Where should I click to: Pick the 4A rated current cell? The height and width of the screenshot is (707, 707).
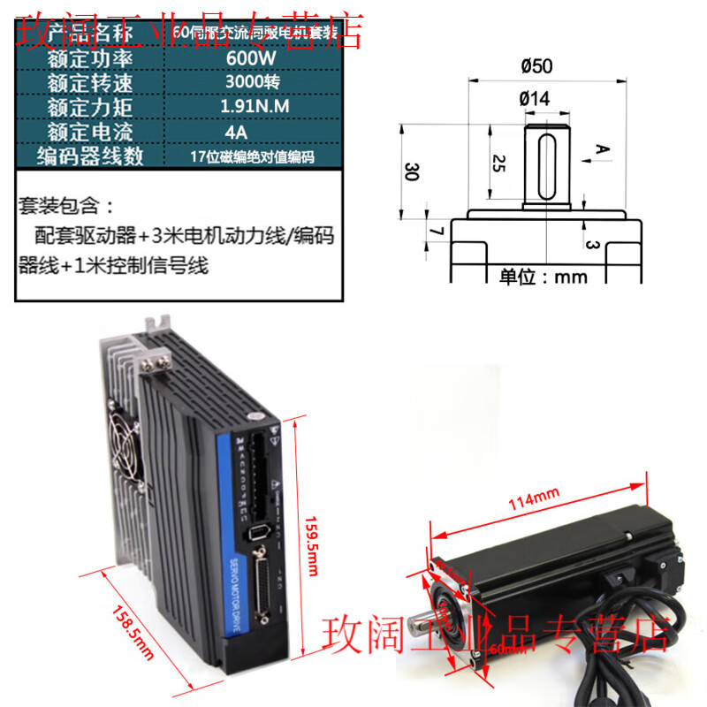(236, 133)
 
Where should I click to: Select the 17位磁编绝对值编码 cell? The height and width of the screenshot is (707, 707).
(252, 157)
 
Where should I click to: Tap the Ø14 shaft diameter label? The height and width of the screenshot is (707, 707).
(534, 100)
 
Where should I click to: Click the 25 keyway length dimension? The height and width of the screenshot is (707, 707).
(498, 162)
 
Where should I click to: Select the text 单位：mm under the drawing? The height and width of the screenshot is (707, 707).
(544, 276)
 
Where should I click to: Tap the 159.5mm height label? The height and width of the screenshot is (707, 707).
(309, 545)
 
